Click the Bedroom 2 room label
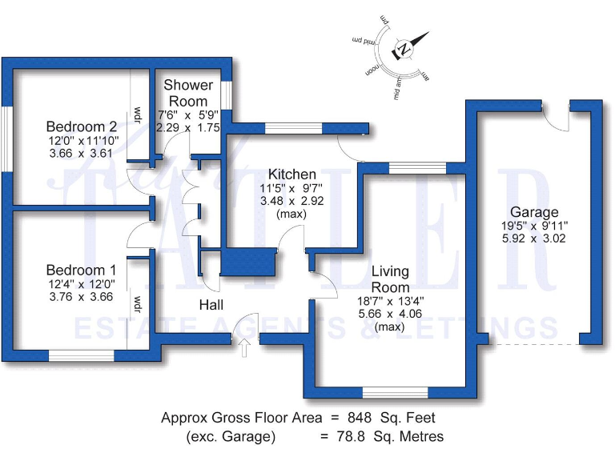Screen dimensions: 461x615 [x=82, y=126]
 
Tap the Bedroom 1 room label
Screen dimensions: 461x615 [x=81, y=270]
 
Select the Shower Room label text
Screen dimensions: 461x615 [x=188, y=93]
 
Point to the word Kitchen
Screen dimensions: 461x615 [x=291, y=174]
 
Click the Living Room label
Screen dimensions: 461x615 [x=390, y=280]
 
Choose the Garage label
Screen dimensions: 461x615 [x=534, y=212]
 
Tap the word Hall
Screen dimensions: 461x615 [x=211, y=305]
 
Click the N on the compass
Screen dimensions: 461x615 [x=404, y=49]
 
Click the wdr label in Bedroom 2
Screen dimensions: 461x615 [x=138, y=114]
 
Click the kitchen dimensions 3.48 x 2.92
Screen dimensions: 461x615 [x=291, y=202]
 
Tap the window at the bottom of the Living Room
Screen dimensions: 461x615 [x=393, y=392]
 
